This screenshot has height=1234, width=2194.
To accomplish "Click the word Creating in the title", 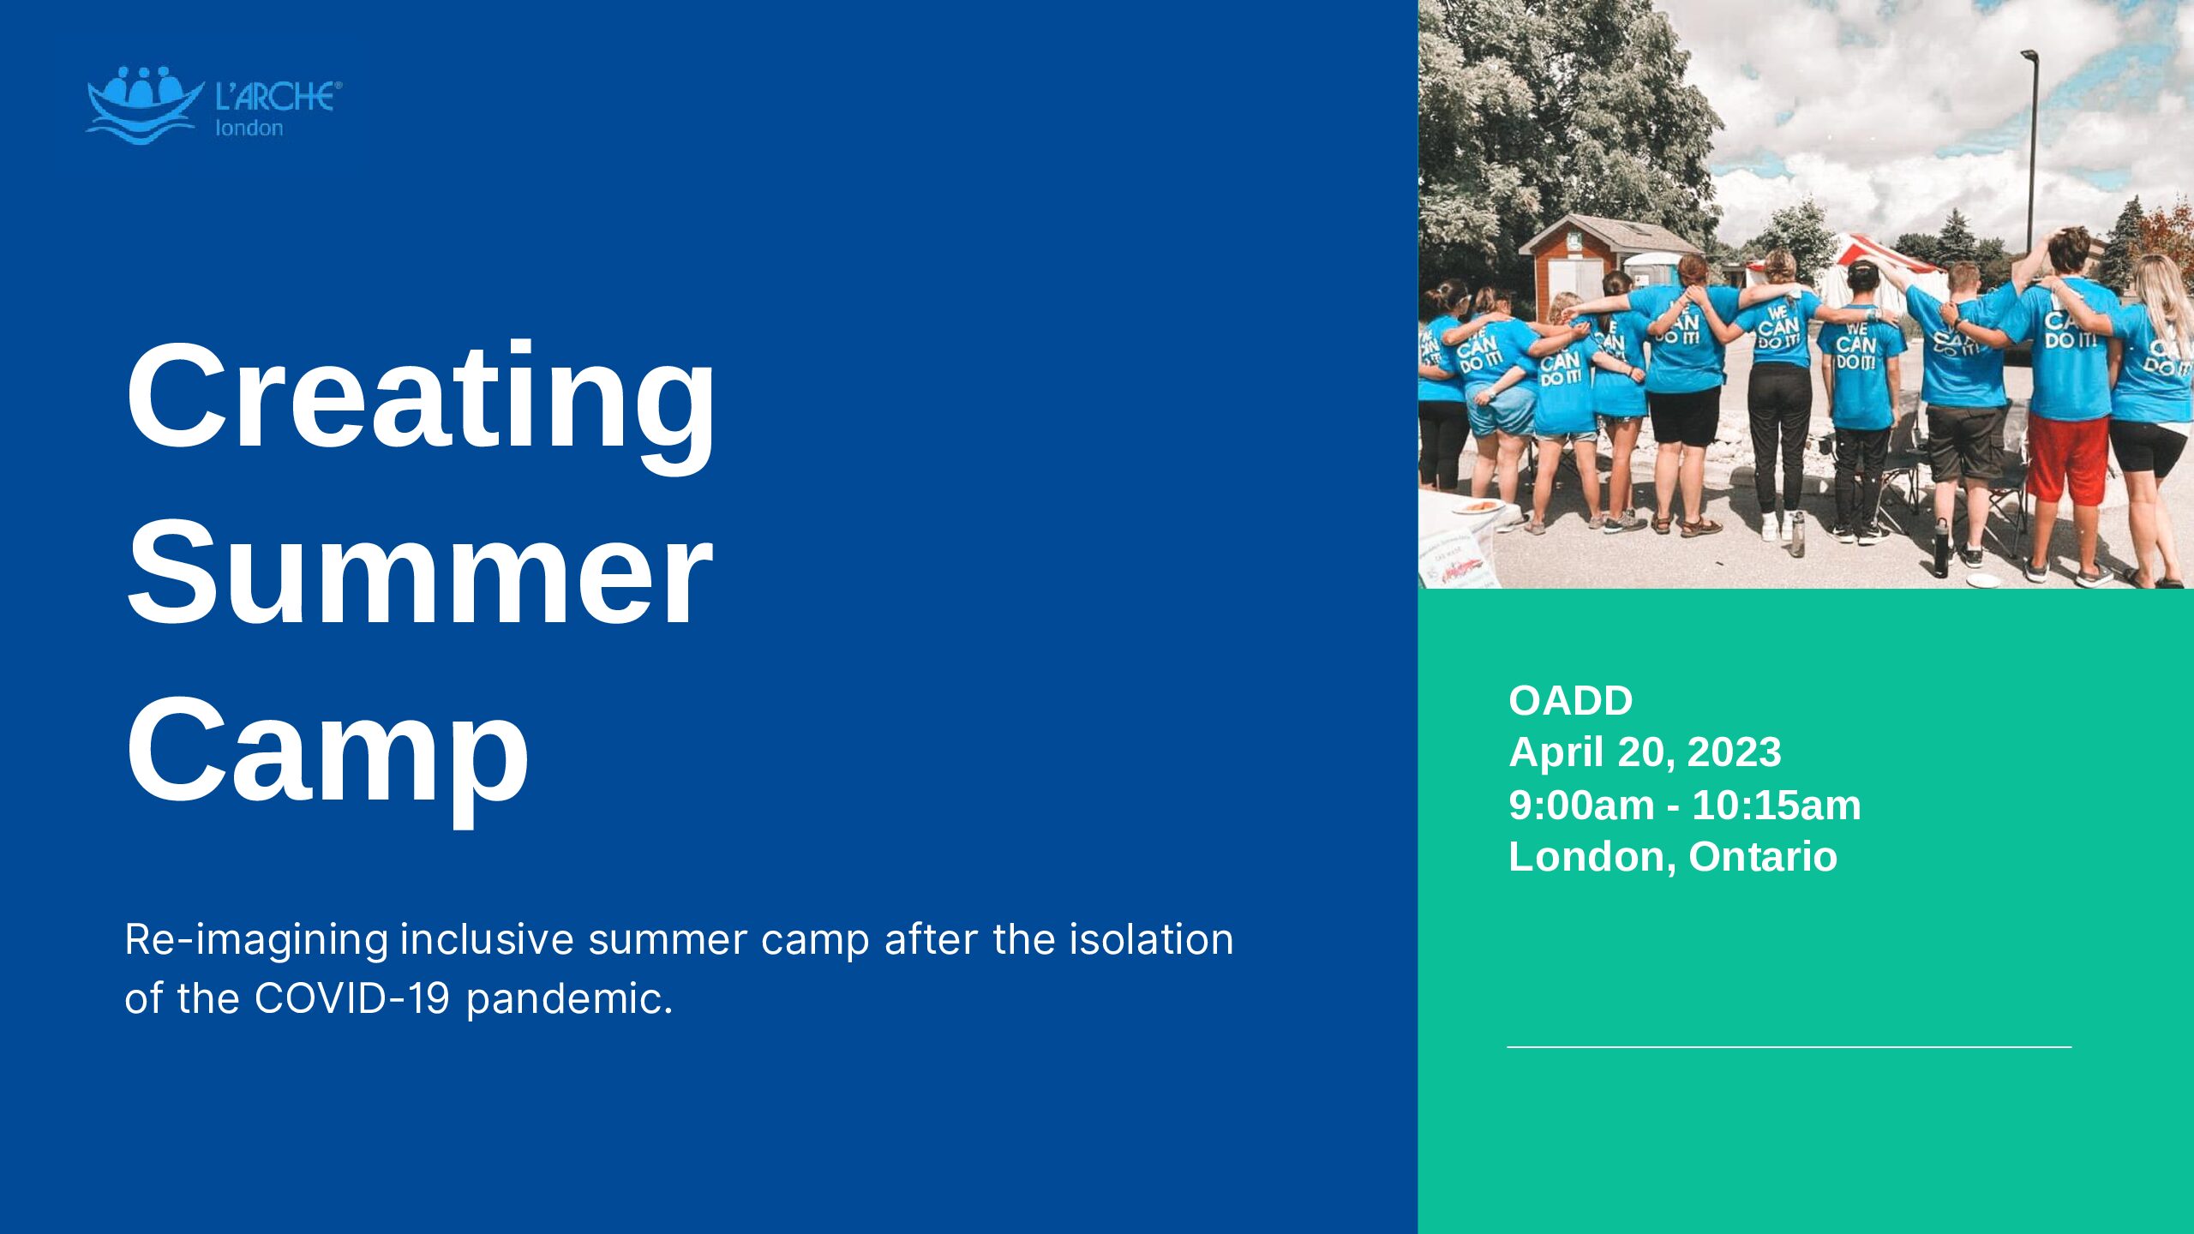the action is point(420,403).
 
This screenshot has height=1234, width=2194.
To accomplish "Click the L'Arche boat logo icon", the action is point(144,105).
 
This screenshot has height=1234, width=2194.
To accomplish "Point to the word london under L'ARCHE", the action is point(249,129).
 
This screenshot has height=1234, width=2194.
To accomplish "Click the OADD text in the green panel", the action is point(1570,701).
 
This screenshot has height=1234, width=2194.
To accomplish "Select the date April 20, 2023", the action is point(1645,752).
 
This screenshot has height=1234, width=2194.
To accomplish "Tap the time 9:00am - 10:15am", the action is point(1685,806).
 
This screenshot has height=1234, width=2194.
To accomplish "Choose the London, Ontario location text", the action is point(1673,857).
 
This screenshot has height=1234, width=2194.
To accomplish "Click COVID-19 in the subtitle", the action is point(352,998).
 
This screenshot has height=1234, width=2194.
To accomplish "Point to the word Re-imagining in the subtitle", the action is point(256,941).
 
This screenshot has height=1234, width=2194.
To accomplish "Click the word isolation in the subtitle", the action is point(1151,939).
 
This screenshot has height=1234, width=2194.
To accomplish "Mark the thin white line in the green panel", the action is point(1789,1047).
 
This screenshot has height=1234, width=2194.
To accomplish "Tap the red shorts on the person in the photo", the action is point(2067,458).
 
